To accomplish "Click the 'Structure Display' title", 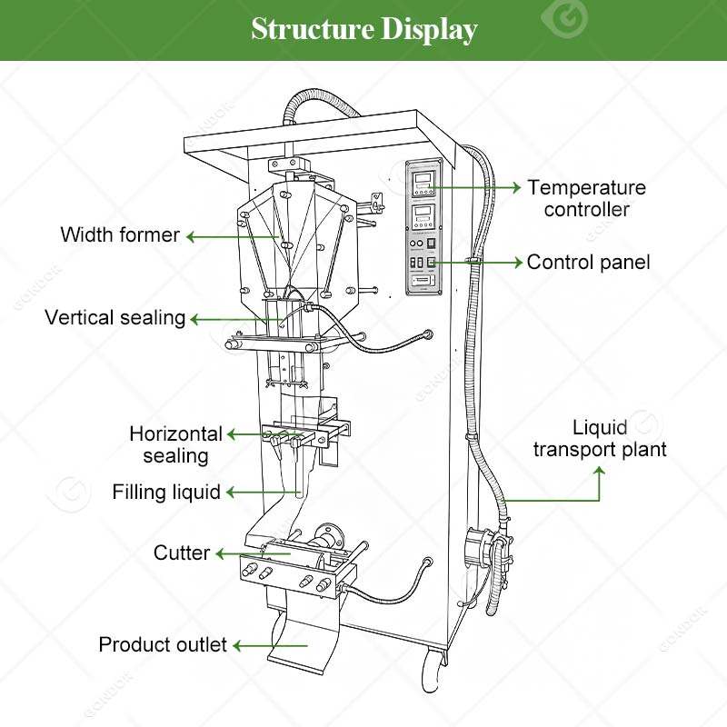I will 363,29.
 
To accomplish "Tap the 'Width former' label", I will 120,235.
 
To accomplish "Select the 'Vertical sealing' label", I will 115,318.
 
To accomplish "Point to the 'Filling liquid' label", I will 166,493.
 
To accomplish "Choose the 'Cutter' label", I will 182,553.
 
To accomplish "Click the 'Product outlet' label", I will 163,645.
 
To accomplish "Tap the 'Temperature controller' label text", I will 586,198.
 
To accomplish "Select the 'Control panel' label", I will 589,263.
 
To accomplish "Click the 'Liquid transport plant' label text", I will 600,439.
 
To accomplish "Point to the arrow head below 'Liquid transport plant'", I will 600,473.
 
